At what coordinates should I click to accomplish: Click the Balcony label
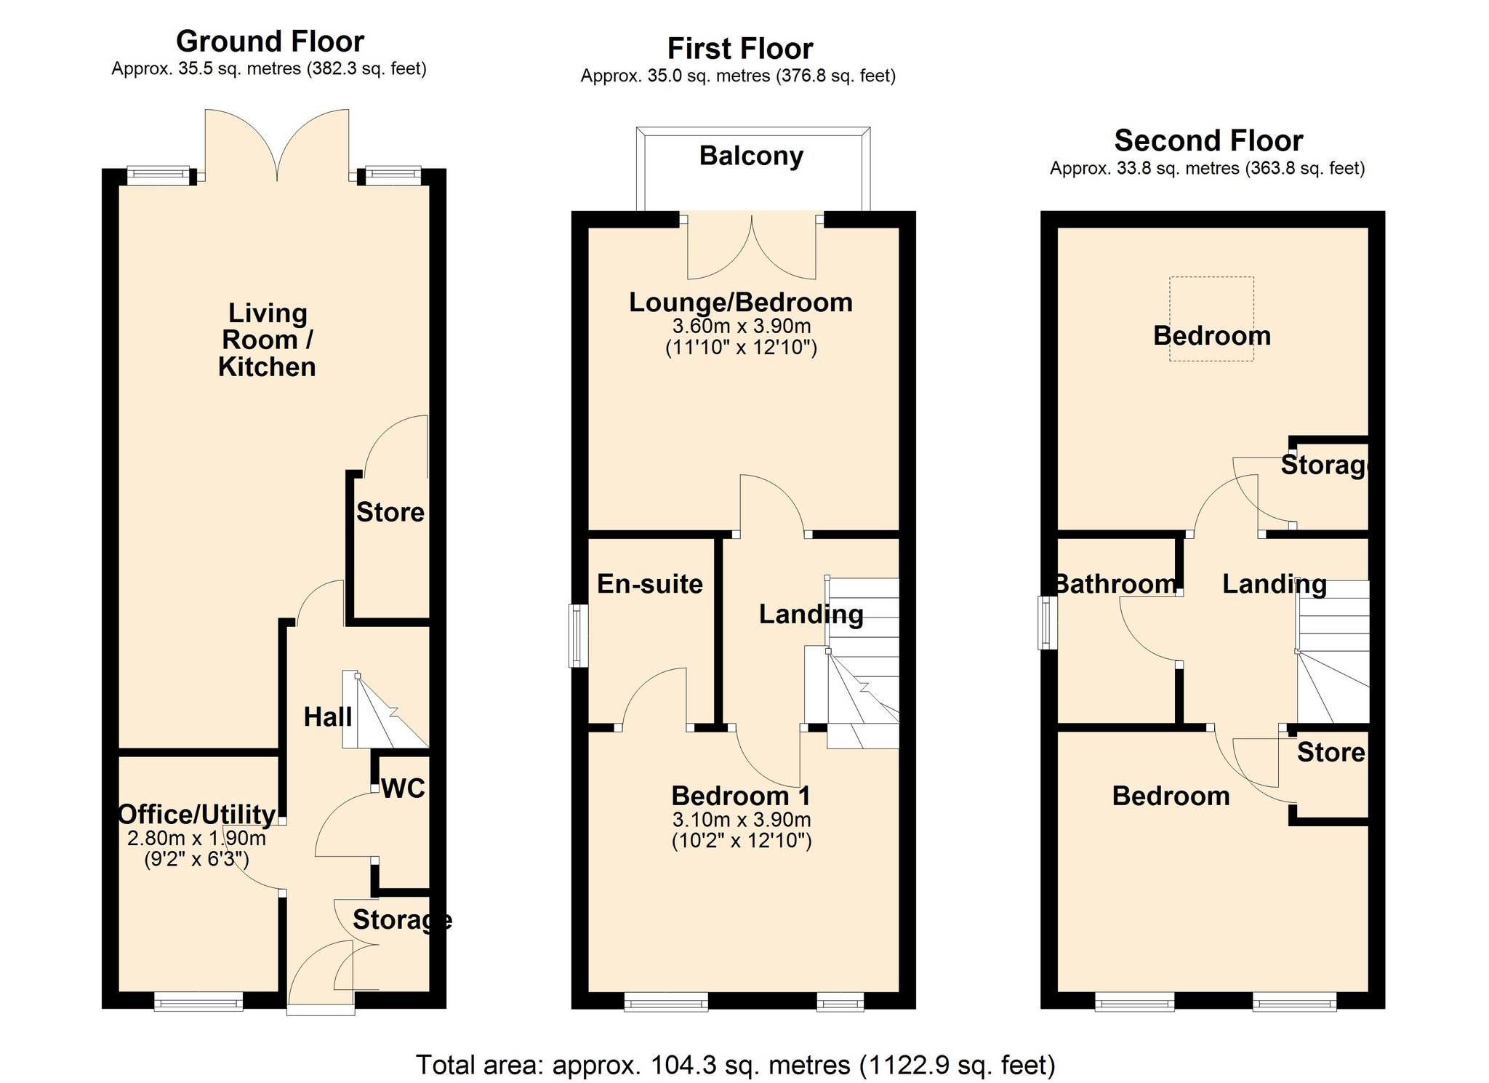(751, 156)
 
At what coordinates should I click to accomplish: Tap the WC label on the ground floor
(404, 788)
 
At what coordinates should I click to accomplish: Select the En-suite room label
(650, 584)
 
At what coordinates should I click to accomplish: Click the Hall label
(328, 717)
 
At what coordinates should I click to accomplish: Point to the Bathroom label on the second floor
(1115, 584)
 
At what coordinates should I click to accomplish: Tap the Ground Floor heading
(270, 41)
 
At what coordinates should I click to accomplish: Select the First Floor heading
(740, 49)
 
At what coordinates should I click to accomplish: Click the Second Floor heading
(1208, 140)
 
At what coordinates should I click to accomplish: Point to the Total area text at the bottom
(736, 1065)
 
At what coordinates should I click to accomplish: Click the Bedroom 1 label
(741, 796)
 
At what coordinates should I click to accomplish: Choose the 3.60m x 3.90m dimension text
(742, 326)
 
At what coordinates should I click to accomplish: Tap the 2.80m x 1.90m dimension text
(196, 839)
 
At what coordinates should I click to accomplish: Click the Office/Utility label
(197, 815)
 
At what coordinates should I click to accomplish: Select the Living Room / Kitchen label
(268, 340)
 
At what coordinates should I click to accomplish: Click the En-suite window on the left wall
(578, 636)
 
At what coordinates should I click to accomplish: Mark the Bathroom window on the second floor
(1048, 623)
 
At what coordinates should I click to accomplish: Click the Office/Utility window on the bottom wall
(198, 1002)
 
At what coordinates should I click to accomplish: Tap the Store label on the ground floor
(390, 513)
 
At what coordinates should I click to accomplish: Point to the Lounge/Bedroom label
(741, 303)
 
